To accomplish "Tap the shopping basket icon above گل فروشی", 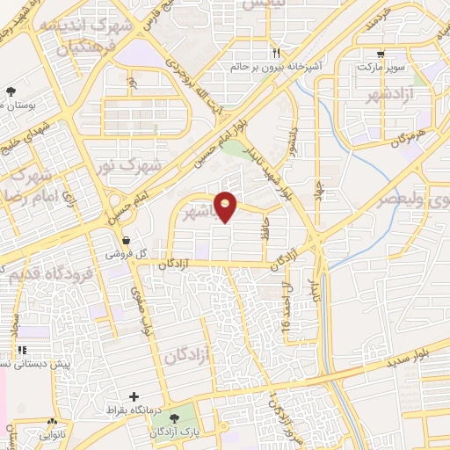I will pos(127,240).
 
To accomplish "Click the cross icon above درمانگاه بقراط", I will pos(134,397).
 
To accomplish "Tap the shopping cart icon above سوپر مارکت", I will pos(380,53).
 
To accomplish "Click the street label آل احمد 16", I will pos(287,304).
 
